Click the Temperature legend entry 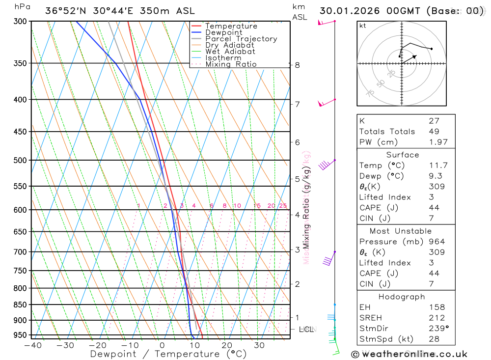[231, 26]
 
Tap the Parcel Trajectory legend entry [241, 39]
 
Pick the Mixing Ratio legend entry [231, 64]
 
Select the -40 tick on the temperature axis [32, 345]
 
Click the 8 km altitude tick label [297, 65]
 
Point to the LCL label [306, 330]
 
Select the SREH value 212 [436, 318]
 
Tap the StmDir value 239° [438, 329]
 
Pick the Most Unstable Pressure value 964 [436, 242]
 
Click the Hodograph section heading [402, 297]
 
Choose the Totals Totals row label [387, 131]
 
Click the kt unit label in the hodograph [363, 26]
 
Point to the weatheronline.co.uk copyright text [409, 354]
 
